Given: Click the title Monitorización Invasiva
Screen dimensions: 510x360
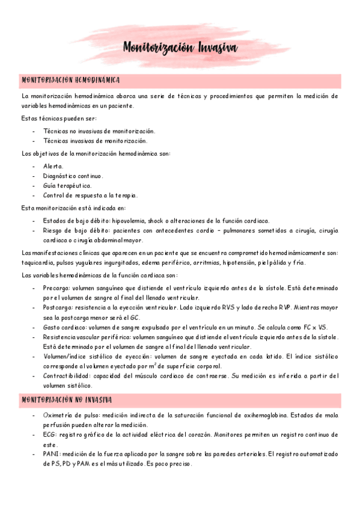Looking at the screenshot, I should (180, 48).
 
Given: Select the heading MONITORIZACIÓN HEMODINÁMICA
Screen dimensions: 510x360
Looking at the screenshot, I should (72, 80).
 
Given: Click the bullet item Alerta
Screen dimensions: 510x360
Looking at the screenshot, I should (53, 165).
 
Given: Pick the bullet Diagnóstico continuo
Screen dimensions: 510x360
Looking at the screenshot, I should (73, 176).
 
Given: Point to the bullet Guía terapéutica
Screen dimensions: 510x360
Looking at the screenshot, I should (67, 185).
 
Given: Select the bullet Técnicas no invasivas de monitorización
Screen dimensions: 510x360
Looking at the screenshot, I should (99, 131).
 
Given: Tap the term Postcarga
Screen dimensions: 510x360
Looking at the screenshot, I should (58, 307).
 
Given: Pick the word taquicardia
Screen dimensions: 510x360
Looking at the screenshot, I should (38, 263).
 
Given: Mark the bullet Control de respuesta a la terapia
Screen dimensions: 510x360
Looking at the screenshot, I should (90, 195).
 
